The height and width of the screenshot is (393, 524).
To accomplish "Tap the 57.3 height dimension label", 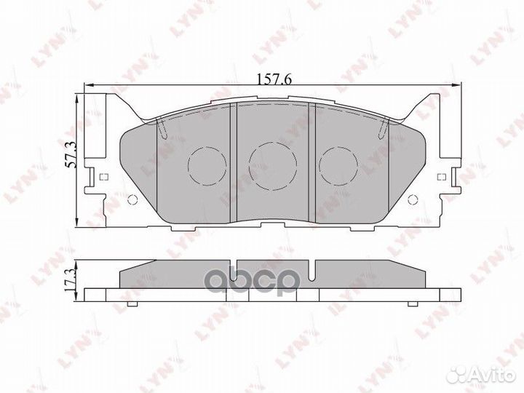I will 71,156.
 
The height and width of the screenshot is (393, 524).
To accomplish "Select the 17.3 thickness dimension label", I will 71,279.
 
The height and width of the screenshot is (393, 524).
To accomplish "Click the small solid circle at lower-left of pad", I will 132,202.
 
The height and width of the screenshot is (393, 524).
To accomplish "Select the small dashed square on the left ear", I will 102,178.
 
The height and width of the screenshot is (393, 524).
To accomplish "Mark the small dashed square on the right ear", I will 442,178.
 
